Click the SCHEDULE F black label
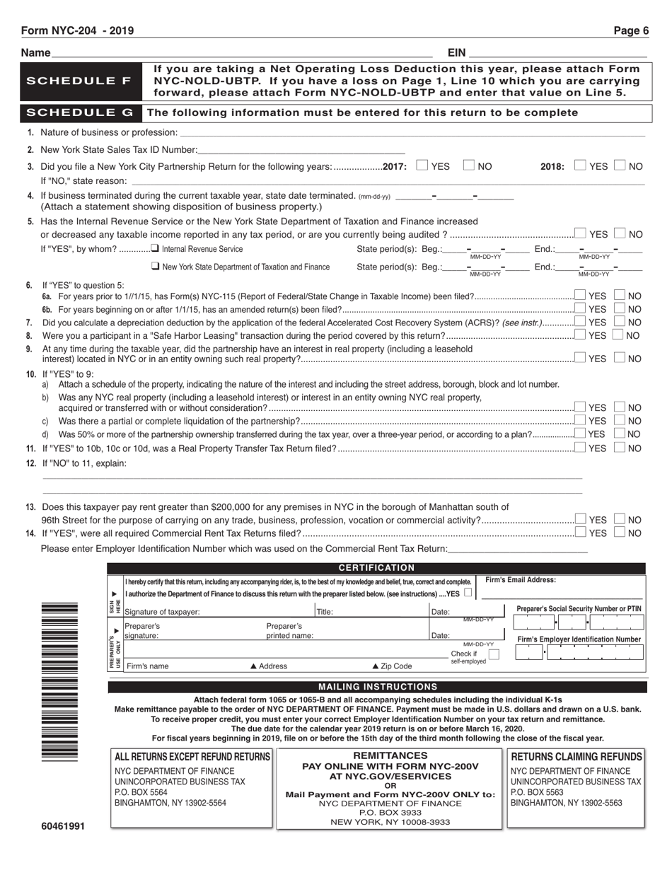point(79,81)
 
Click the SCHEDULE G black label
point(79,112)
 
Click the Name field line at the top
point(241,53)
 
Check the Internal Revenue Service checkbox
point(155,249)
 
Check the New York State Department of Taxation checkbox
point(155,267)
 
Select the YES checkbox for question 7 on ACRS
point(580,322)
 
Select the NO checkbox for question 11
point(620,447)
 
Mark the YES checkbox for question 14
point(580,532)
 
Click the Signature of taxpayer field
point(219,612)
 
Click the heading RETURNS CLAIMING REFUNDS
point(577,757)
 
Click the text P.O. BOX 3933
point(390,813)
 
